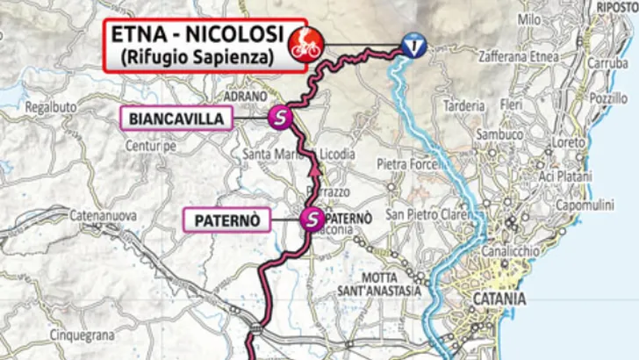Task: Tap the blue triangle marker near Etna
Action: tap(411, 46)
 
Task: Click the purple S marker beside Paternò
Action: tap(311, 220)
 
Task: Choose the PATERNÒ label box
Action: tap(226, 220)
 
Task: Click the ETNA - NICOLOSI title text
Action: tap(198, 34)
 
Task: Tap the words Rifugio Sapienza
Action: tap(198, 57)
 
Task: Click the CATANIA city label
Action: tap(499, 299)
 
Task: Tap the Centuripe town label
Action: tap(151, 146)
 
